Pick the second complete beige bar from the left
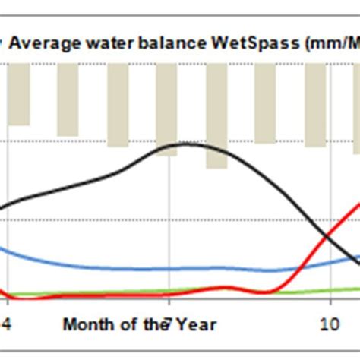[x=68, y=99]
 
